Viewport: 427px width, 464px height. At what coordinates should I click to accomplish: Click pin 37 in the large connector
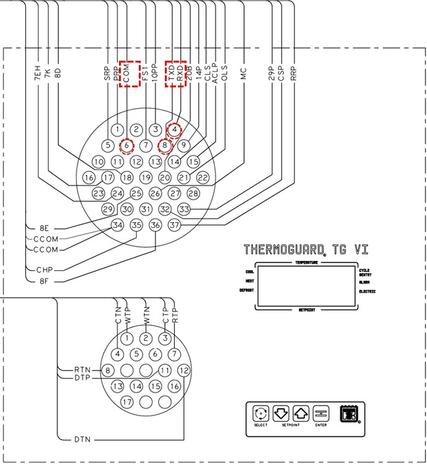(x=174, y=225)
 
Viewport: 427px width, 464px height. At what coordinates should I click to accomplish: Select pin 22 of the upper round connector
(x=203, y=177)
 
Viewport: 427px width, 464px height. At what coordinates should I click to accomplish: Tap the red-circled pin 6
(x=126, y=146)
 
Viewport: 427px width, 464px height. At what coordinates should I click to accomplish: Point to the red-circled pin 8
(x=165, y=146)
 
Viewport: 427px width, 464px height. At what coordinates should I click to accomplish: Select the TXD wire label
(x=171, y=74)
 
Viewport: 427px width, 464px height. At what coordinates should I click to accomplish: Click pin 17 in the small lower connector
(x=127, y=402)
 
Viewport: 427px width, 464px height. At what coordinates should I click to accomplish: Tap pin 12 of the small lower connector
(x=183, y=370)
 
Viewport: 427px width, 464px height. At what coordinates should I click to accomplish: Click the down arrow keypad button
(x=281, y=413)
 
